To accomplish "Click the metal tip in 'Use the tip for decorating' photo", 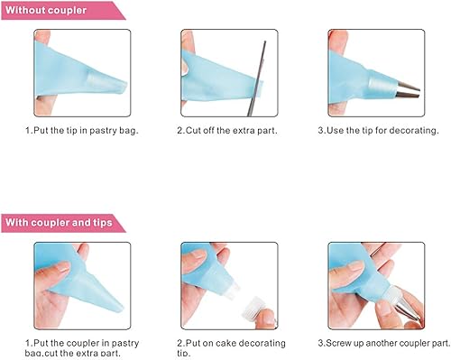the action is click(x=408, y=91).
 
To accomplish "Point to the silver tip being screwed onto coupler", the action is click(x=408, y=309).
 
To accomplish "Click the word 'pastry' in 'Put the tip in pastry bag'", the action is click(x=103, y=131).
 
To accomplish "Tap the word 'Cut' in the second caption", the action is click(x=193, y=131).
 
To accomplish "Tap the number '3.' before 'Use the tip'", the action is click(x=322, y=131).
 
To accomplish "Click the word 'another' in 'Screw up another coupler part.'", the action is click(x=382, y=343).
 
